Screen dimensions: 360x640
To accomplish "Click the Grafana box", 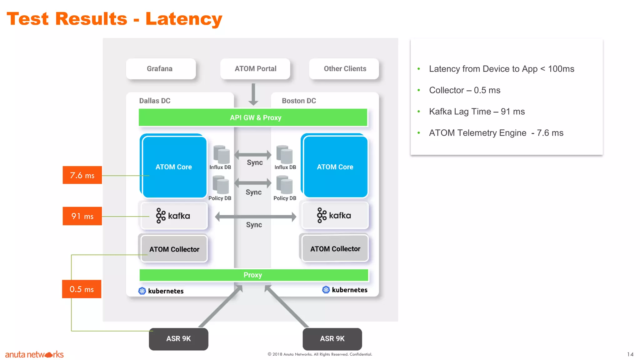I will click(x=161, y=69).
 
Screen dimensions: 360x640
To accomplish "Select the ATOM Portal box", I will click(x=255, y=69).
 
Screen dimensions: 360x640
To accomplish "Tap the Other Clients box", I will click(x=344, y=69).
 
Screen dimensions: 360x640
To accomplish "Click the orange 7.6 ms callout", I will click(x=82, y=175).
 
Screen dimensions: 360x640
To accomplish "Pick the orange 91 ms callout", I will click(x=82, y=216).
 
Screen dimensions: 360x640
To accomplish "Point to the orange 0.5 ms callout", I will click(x=82, y=289).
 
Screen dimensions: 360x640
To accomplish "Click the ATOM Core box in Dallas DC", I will click(x=174, y=167).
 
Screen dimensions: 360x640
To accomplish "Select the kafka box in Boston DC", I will click(x=335, y=216).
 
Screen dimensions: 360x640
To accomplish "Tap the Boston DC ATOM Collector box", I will click(x=335, y=249).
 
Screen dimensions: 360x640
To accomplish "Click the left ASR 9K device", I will click(x=178, y=339).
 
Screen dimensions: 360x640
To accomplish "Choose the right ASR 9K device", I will click(x=332, y=339).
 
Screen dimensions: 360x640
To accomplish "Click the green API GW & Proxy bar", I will click(x=253, y=117).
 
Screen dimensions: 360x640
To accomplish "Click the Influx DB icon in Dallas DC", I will click(x=221, y=154).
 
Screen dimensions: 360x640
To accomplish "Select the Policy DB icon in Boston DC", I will click(x=284, y=185).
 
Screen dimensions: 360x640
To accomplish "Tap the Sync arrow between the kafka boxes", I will click(x=255, y=217).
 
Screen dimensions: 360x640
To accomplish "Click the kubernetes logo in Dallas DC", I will click(x=142, y=291).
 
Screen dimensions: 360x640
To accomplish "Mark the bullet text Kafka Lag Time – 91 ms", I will click(x=477, y=112).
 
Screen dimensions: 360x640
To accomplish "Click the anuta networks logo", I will click(x=34, y=354).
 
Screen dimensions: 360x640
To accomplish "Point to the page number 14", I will click(x=630, y=354).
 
